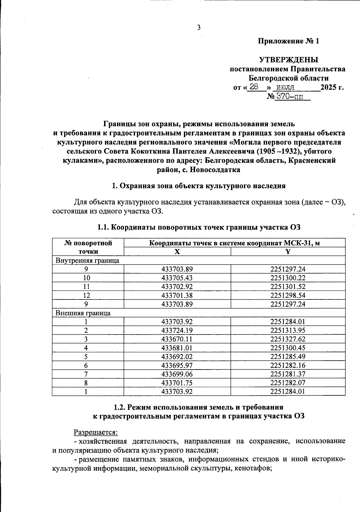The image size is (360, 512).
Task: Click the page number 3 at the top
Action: (x=199, y=28)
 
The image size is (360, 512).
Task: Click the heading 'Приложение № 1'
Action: (x=289, y=41)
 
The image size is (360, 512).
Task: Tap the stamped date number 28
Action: (x=254, y=87)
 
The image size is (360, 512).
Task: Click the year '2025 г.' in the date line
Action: (x=332, y=88)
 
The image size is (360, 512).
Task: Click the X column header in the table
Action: (x=177, y=252)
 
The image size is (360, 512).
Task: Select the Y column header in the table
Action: (x=288, y=252)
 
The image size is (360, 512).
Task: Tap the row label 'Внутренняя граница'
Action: (x=87, y=260)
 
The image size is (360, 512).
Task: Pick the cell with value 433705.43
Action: (x=177, y=278)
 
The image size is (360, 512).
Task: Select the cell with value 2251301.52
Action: (x=288, y=287)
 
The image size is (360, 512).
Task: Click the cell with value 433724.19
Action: (x=177, y=331)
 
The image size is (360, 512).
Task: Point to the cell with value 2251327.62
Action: (x=288, y=339)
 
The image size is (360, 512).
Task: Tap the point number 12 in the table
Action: (x=87, y=296)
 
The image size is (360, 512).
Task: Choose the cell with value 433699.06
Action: (x=177, y=374)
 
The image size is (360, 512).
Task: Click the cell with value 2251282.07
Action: (x=288, y=383)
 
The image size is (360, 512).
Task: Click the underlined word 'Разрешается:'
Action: (x=96, y=432)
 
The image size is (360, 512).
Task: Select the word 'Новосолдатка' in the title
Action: (x=216, y=170)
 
